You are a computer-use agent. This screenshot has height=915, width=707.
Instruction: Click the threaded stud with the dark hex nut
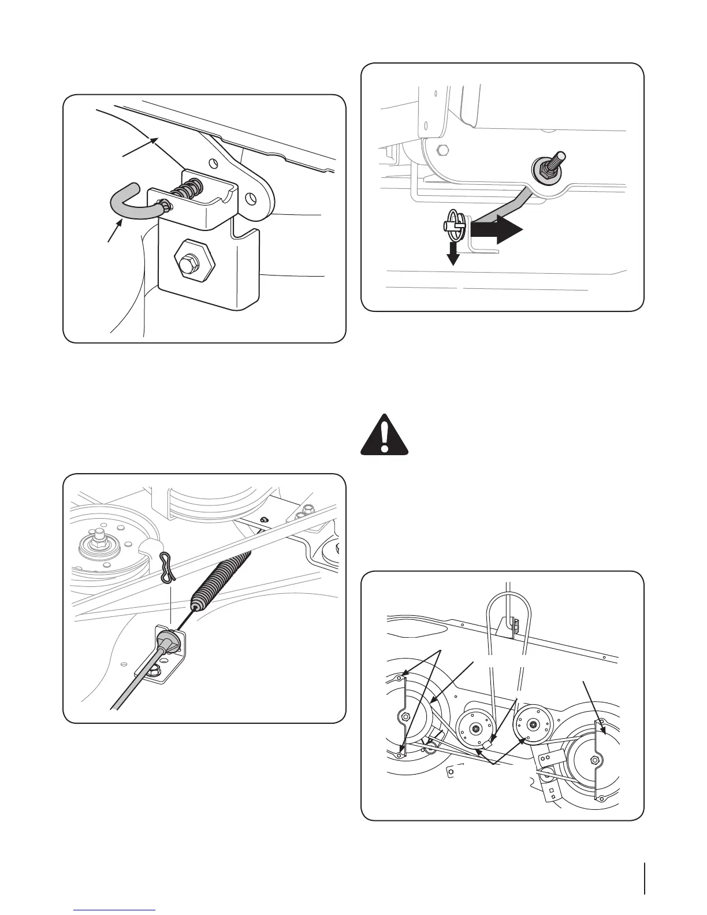click(x=544, y=168)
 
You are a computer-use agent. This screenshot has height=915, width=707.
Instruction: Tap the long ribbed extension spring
click(x=222, y=578)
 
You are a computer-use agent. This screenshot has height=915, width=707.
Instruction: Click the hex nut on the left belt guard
click(x=405, y=717)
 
